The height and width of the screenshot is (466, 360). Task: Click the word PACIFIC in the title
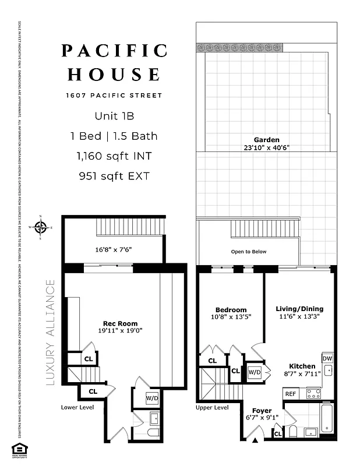pyautogui.click(x=114, y=51)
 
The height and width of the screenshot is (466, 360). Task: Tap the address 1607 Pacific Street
pyautogui.click(x=114, y=95)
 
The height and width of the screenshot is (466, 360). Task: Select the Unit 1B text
pyautogui.click(x=114, y=116)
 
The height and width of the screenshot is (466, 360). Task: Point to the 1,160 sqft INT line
pyautogui.click(x=114, y=156)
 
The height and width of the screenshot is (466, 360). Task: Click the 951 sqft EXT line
pyautogui.click(x=114, y=175)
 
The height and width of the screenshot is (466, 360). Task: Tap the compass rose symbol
pyautogui.click(x=40, y=228)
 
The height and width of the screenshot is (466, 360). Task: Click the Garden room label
pyautogui.click(x=266, y=140)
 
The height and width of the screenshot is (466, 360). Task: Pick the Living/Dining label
pyautogui.click(x=299, y=309)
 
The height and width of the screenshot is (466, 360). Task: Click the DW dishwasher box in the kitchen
pyautogui.click(x=327, y=358)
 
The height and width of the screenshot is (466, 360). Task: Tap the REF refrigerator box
pyautogui.click(x=290, y=394)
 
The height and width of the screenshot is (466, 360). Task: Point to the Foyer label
pyautogui.click(x=262, y=410)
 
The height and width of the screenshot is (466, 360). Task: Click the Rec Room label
pyautogui.click(x=121, y=324)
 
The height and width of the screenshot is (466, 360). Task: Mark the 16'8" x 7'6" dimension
pyautogui.click(x=114, y=249)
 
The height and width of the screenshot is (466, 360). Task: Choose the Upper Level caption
pyautogui.click(x=212, y=408)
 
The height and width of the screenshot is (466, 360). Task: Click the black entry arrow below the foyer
pyautogui.click(x=255, y=440)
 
